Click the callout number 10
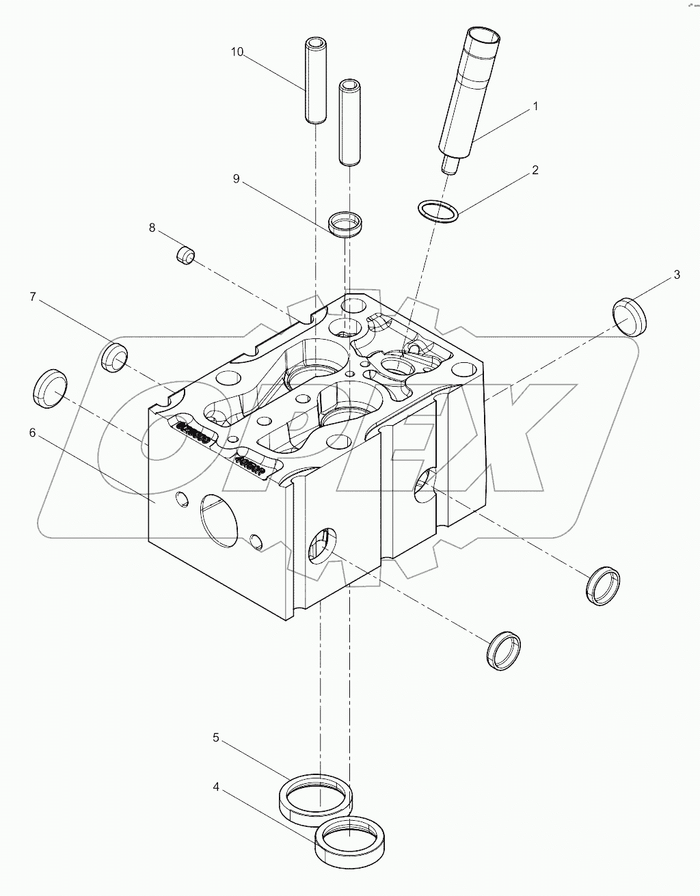pos(237,52)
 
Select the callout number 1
pos(536,107)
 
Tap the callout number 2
pos(536,170)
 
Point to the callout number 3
pos(677,275)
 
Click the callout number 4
pos(216,787)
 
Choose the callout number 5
pos(216,737)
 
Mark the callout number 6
pos(32,433)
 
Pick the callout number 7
pos(32,297)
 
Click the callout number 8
pos(152,227)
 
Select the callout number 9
pos(236,179)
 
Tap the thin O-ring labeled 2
pos(437,211)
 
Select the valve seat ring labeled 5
pos(317,797)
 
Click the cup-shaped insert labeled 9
pos(347,225)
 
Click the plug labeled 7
pos(115,357)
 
